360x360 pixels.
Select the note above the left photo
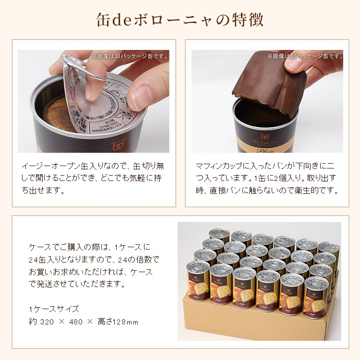click(x=130, y=56)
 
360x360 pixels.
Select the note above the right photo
click(x=305, y=56)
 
